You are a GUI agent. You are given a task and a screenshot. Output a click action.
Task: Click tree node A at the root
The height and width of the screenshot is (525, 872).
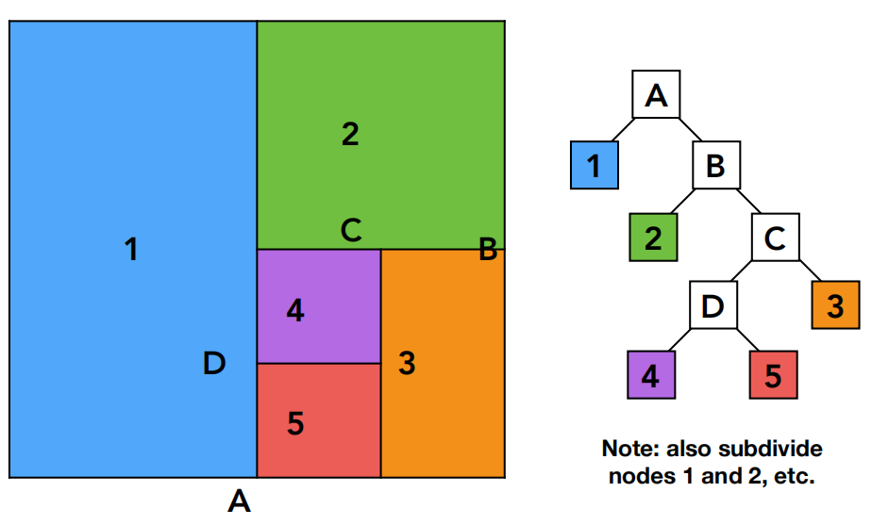[x=656, y=94]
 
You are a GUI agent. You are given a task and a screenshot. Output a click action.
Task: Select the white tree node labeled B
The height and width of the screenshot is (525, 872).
[x=716, y=165]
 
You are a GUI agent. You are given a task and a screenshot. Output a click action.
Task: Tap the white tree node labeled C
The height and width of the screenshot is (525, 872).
[x=776, y=238]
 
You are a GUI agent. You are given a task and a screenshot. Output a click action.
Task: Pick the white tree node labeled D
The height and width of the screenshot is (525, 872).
[x=713, y=305]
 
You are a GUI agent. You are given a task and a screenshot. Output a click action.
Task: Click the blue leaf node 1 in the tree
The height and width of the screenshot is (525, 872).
[x=595, y=165]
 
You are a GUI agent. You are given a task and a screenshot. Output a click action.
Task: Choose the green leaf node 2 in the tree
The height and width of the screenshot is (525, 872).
[x=653, y=238]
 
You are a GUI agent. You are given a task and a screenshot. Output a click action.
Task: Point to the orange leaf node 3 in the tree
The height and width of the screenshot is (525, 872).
[x=836, y=305]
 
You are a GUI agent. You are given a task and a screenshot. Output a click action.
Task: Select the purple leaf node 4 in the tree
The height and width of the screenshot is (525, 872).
[x=651, y=375]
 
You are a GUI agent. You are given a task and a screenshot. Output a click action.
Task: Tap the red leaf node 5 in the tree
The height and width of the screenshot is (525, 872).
[x=774, y=375]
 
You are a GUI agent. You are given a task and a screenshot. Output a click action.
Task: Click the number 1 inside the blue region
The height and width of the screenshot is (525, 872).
[x=131, y=249]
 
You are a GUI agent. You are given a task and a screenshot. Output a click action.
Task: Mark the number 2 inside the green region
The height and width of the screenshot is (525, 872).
[x=350, y=134]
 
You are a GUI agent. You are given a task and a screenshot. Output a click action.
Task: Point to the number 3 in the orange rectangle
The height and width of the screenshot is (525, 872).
[x=407, y=363]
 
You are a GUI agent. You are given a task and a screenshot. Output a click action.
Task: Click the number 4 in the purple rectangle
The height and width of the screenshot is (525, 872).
[x=295, y=311]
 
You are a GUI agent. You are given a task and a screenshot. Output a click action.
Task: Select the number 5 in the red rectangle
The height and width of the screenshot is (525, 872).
[x=296, y=423]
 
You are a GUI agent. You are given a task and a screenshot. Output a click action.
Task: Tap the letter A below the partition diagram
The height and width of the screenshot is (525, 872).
[x=239, y=501]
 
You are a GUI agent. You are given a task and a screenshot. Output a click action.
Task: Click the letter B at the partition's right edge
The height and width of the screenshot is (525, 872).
[x=488, y=249]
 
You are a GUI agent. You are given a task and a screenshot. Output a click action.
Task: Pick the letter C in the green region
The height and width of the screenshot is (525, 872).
[x=351, y=230]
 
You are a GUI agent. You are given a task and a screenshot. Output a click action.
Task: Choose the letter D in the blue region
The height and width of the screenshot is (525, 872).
[x=214, y=363]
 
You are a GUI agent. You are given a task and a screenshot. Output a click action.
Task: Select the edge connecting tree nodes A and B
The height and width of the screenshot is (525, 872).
[x=690, y=129]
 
